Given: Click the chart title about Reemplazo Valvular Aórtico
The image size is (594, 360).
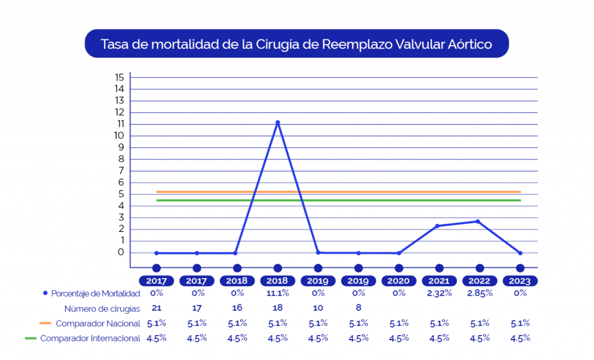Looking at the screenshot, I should tap(296, 44).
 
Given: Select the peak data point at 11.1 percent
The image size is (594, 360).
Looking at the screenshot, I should tap(278, 122).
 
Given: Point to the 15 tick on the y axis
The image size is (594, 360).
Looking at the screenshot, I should tap(119, 77).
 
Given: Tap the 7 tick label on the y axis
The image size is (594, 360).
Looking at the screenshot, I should tap(121, 170).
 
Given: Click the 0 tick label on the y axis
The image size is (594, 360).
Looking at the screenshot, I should tap(121, 252).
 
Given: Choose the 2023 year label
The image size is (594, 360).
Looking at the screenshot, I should tap(520, 281).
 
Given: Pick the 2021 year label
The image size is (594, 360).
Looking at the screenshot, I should tap(439, 281).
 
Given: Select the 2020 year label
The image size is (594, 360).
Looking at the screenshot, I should tap(399, 281).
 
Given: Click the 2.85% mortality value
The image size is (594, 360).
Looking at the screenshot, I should tap(480, 293).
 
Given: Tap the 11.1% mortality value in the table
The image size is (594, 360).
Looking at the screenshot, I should tap(278, 293).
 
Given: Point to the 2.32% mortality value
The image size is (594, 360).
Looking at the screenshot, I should tap(439, 293).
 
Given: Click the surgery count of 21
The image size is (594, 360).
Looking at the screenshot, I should tap(156, 308).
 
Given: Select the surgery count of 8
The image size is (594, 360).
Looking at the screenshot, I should tap(358, 308).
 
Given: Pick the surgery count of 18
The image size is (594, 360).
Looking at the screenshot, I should tap(278, 308).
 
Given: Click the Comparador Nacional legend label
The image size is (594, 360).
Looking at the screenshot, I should tap(98, 323).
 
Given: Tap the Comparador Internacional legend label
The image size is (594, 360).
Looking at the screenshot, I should tap(90, 339).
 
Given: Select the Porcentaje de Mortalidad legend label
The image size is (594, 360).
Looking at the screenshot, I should tap(96, 293).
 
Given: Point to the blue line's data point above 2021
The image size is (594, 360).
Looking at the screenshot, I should tap(437, 226).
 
